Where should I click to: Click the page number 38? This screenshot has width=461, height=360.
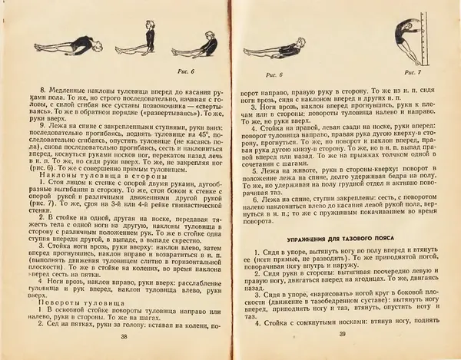click(x=122, y=335)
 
